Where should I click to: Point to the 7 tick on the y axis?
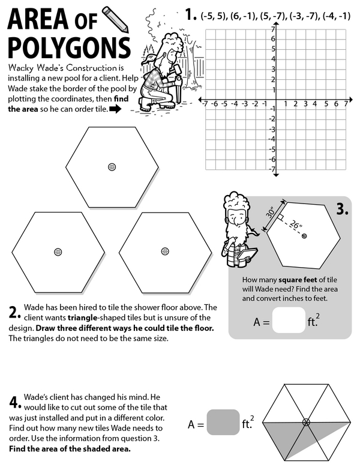pyautogui.click(x=272, y=29)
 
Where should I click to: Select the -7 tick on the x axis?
pyautogui.click(x=205, y=104)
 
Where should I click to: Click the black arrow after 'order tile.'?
pyautogui.click(x=115, y=109)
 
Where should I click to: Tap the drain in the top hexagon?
pyautogui.click(x=112, y=166)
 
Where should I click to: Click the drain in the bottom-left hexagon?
pyautogui.click(x=58, y=251)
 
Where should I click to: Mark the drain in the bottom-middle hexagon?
pyautogui.click(x=164, y=251)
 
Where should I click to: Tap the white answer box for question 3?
pyautogui.click(x=288, y=320)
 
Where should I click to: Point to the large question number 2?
pyautogui.click(x=15, y=312)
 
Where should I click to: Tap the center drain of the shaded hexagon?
pyautogui.click(x=306, y=423)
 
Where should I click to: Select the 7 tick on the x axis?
pyautogui.click(x=346, y=104)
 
